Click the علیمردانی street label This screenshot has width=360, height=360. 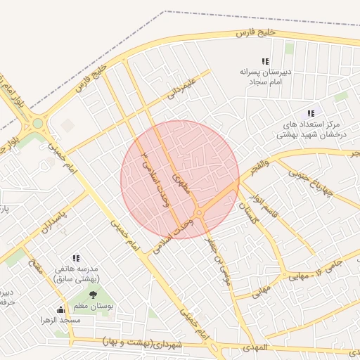(x=180, y=91)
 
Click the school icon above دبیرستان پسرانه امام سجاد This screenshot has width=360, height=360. (x=265, y=62)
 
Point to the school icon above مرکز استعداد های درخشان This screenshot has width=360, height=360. (x=311, y=113)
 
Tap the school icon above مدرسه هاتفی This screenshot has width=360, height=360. (x=76, y=259)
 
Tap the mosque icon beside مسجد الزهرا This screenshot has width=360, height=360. (x=60, y=309)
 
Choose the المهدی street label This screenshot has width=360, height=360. (x=254, y=348)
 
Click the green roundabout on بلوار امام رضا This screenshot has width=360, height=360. (x=37, y=124)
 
